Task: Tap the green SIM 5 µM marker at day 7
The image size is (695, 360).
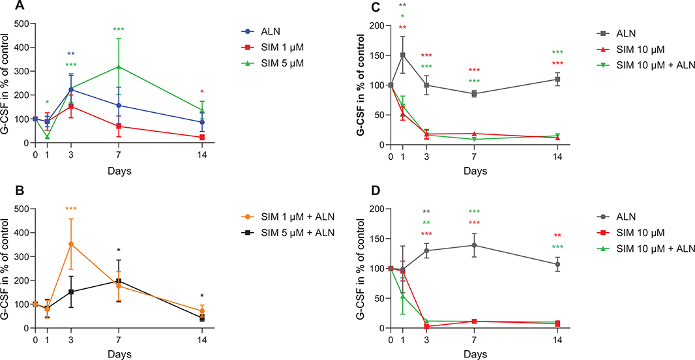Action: [x=118, y=67]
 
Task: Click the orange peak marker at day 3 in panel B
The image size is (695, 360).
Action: [x=70, y=244]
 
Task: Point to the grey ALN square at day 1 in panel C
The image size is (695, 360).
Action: [x=403, y=55]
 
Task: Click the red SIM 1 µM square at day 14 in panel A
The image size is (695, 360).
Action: [x=203, y=137]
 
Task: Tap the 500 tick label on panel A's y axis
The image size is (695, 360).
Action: [x=22, y=23]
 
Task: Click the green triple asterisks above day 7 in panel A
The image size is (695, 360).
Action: [x=118, y=29]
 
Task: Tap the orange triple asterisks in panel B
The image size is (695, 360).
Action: [x=70, y=209]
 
